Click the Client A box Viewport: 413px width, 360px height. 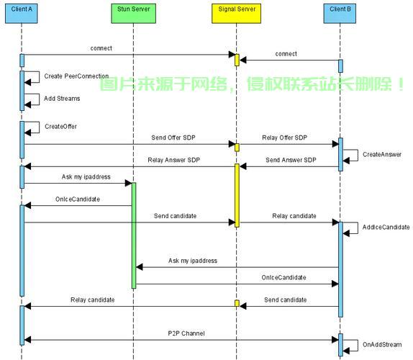click(x=22, y=14)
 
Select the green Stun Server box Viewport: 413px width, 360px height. click(x=134, y=14)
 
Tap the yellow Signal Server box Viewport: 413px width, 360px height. click(x=237, y=14)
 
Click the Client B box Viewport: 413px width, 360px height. click(x=340, y=14)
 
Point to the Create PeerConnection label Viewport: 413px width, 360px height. click(x=76, y=76)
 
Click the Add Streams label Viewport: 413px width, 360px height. click(x=62, y=99)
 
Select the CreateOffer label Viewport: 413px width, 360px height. click(x=61, y=127)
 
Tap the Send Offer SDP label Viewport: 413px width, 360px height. click(x=173, y=138)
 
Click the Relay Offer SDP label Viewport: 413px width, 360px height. click(x=285, y=138)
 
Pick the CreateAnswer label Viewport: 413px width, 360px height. click(x=382, y=154)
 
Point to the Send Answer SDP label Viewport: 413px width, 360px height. click(x=291, y=160)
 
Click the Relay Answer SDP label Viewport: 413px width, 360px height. click(x=174, y=160)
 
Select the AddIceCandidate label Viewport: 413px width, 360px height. click(x=386, y=228)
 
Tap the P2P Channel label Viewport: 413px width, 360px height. click(x=186, y=333)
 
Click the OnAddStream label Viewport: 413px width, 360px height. click(x=382, y=345)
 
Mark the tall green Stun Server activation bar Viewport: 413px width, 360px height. click(x=134, y=235)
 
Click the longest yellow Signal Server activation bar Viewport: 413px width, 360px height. click(x=237, y=195)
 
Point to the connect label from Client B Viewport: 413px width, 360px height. click(x=286, y=54)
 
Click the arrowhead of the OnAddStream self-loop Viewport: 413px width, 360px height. click(x=346, y=351)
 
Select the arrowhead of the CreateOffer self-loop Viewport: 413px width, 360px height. click(x=27, y=132)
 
